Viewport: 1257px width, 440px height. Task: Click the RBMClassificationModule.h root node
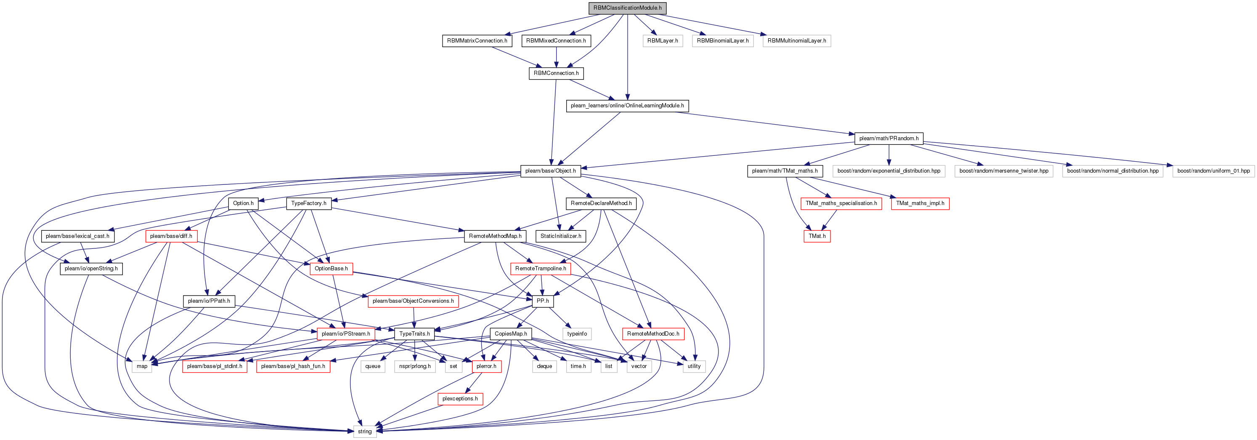coord(628,8)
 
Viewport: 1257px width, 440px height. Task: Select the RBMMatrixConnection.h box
coord(477,40)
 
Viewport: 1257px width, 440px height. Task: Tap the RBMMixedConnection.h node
coord(556,40)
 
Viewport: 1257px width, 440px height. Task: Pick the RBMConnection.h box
coord(556,73)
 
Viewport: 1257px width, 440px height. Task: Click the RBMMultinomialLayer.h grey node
coord(797,40)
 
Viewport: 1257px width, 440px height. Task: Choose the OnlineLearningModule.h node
coord(628,106)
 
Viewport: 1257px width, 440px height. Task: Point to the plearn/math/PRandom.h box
coord(889,138)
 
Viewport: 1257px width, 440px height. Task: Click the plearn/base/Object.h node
coord(550,171)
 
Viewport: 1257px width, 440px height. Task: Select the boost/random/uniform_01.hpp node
coord(1214,171)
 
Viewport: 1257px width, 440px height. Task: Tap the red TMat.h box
coord(817,236)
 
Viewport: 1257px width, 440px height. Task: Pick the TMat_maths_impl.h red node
coord(920,203)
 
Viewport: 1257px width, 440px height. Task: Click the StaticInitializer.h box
coord(561,236)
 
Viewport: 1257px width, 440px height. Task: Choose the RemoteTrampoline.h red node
coord(541,269)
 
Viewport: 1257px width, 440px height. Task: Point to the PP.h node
coord(543,301)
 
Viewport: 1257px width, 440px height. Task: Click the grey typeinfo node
coord(577,333)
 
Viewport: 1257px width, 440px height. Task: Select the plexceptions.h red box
coord(460,398)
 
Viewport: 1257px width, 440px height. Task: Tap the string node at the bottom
coord(365,431)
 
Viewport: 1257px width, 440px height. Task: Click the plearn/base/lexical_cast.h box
coord(77,236)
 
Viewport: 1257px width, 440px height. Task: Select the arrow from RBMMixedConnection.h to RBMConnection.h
coord(556,57)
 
